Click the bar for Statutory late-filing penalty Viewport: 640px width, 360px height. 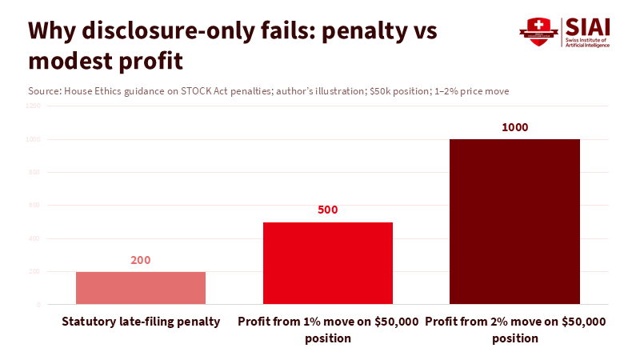[x=141, y=288]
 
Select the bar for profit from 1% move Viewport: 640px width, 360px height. [x=328, y=263]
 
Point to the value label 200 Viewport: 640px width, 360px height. [x=141, y=260]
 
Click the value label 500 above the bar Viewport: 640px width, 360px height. [x=328, y=210]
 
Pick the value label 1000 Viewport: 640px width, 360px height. [x=514, y=127]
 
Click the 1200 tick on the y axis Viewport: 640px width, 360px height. [x=32, y=106]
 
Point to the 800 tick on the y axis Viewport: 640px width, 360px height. [x=34, y=172]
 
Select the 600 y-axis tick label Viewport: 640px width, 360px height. [x=34, y=206]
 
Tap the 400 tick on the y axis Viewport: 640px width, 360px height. [x=34, y=238]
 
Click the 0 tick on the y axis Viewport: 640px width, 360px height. [x=38, y=305]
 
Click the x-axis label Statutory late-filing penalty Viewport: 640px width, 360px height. [x=141, y=322]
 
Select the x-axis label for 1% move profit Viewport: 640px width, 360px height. [x=328, y=330]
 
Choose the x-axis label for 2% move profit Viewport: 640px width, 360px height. [x=514, y=330]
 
